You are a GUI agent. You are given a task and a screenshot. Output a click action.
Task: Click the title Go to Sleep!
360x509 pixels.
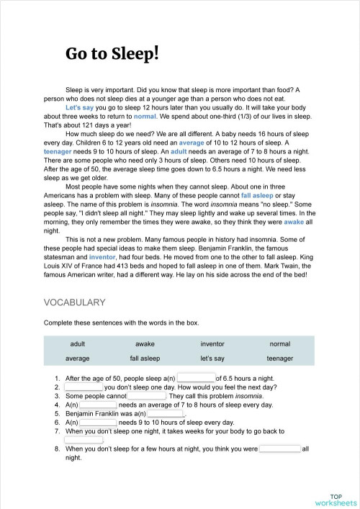[x=112, y=53]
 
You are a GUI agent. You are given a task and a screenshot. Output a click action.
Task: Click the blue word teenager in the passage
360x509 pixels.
[x=58, y=153]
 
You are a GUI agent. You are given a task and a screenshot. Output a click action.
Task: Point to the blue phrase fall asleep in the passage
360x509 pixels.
[x=257, y=194]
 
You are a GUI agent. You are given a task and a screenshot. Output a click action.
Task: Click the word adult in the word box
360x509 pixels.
[x=78, y=344]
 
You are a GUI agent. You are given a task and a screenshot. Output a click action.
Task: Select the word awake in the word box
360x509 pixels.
[x=145, y=344]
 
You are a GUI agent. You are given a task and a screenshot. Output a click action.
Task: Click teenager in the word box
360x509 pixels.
[x=279, y=358]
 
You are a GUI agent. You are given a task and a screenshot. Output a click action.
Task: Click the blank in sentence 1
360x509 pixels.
[x=196, y=377]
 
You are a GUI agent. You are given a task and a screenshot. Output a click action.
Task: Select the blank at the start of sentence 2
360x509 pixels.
[x=84, y=387]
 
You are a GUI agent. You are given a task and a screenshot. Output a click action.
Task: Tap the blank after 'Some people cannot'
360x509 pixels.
[x=147, y=396]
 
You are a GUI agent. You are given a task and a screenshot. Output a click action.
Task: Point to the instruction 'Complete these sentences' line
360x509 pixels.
[x=121, y=323]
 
